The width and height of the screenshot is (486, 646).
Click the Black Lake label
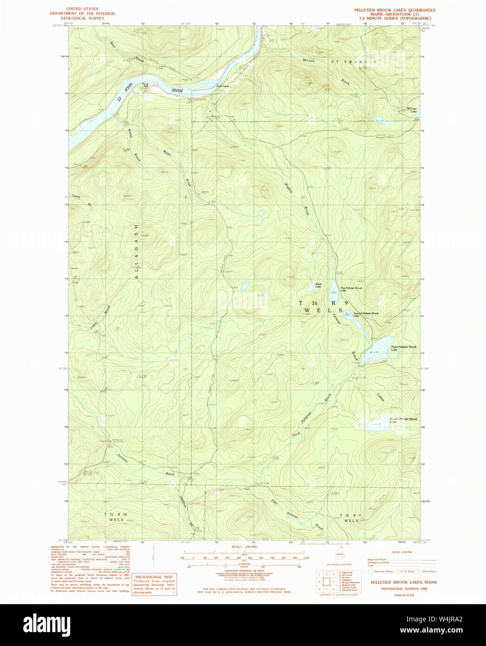[x=319, y=285]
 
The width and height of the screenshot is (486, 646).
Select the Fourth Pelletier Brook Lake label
[x=403, y=420]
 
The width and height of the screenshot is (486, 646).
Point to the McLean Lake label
[x=412, y=110]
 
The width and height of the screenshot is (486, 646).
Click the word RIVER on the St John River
[x=177, y=91]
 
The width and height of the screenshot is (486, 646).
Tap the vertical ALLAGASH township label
[x=136, y=251]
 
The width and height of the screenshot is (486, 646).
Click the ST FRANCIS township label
[x=353, y=62]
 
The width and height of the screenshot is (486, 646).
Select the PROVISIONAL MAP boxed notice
[x=154, y=584]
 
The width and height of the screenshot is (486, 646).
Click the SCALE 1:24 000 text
[x=244, y=547]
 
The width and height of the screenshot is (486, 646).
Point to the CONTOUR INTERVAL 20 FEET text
[x=244, y=571]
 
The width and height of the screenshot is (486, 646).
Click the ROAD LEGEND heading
[x=401, y=552]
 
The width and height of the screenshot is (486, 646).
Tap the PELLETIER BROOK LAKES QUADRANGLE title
[x=395, y=10]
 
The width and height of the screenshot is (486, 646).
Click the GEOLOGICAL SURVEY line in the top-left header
[x=82, y=19]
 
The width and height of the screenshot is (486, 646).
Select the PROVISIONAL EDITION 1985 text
[x=403, y=589]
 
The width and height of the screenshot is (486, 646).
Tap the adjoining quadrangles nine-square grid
[x=326, y=581]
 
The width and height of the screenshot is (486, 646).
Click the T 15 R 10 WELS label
[x=116, y=517]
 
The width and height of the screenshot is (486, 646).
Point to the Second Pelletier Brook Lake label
[x=366, y=315]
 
